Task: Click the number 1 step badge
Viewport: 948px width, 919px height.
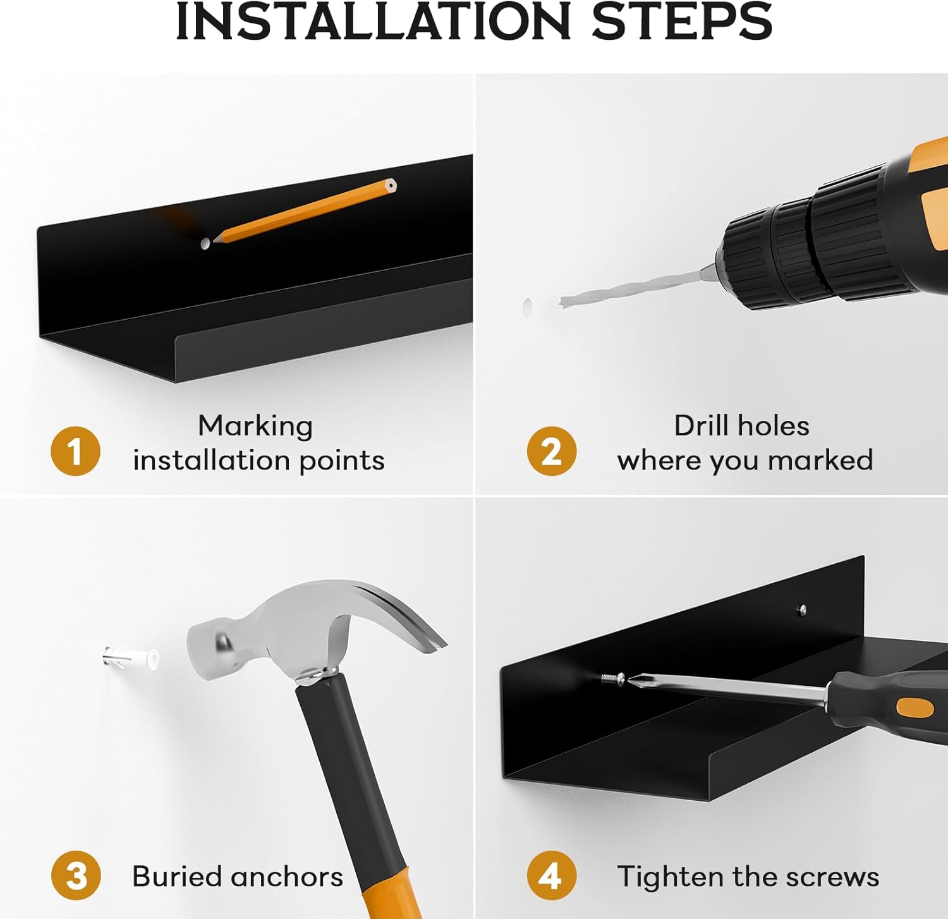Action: pos(75,451)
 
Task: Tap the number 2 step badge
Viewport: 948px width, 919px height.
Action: pos(552,451)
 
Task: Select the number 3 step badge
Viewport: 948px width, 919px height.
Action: pos(76,875)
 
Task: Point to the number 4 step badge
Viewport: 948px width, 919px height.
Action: pos(552,875)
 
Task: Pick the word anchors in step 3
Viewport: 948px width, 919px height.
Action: pos(287,877)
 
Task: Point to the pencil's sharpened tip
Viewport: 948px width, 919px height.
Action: pos(216,240)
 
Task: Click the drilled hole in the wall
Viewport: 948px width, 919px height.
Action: pos(527,307)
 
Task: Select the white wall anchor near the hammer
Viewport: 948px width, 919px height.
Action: pos(131,658)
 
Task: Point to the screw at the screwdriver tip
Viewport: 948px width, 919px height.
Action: pos(612,679)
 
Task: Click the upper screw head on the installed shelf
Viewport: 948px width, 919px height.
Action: pos(803,610)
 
